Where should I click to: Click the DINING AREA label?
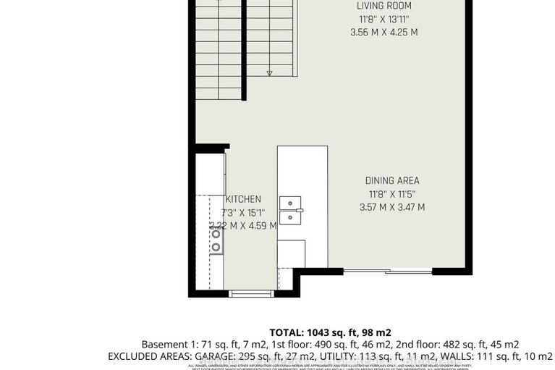click(x=391, y=181)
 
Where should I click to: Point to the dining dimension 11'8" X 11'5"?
click(x=391, y=194)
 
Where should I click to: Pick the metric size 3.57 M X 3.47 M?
click(x=391, y=207)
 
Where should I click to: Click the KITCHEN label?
click(x=243, y=199)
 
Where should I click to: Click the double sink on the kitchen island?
click(x=291, y=208)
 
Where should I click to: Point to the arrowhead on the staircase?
click(x=270, y=72)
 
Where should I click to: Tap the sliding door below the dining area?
click(x=387, y=272)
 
